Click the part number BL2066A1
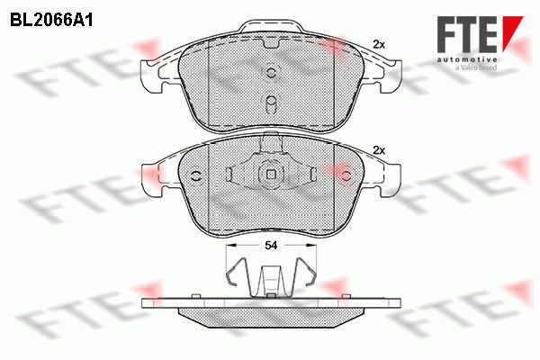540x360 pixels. click(51, 21)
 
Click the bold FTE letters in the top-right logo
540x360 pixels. click(466, 35)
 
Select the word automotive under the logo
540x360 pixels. click(467, 59)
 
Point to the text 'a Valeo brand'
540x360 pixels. click(476, 67)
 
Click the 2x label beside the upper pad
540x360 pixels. click(379, 44)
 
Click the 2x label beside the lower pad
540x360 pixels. click(379, 150)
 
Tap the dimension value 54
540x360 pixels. click(271, 246)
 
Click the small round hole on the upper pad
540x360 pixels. click(271, 72)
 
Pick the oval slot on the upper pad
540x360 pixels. click(272, 103)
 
